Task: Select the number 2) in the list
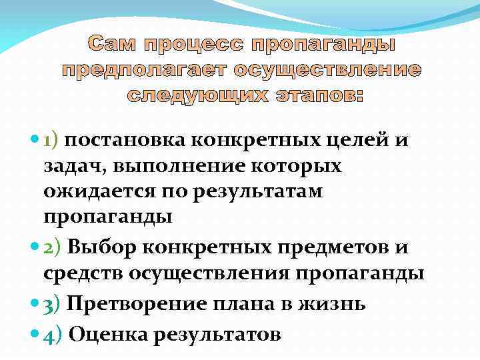coord(52,248)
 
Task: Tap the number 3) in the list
coord(52,304)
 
